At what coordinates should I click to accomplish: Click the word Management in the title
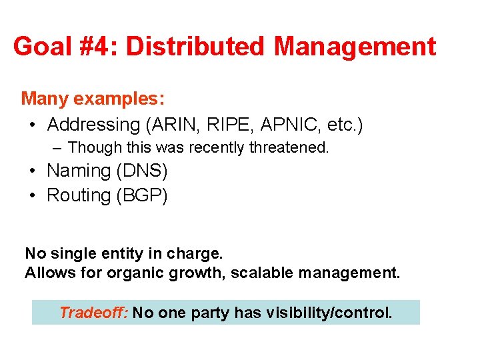click(x=355, y=47)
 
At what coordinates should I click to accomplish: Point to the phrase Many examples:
click(x=93, y=99)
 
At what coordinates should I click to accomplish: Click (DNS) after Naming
click(x=141, y=171)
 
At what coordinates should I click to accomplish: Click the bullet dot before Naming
click(x=33, y=171)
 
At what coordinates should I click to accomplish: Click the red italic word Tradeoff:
click(x=93, y=312)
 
